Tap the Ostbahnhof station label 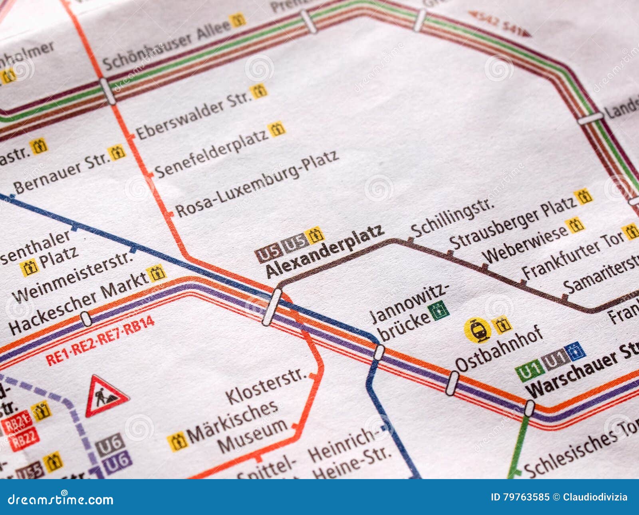pos(499,349)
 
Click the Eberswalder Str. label pos(194,116)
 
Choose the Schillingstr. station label pos(452,217)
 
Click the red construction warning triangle pos(106,396)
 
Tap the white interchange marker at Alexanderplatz pos(272,307)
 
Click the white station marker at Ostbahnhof pos(452,383)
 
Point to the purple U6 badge pos(117,462)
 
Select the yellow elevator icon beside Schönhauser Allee pos(238,20)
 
